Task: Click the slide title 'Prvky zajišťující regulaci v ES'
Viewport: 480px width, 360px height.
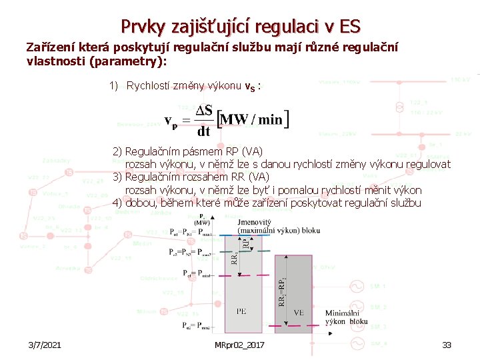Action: click(240, 27)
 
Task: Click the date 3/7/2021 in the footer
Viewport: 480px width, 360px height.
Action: click(45, 345)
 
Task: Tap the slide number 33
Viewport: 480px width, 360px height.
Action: click(447, 345)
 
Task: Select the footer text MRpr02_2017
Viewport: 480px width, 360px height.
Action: click(240, 345)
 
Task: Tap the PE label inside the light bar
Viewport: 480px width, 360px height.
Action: click(241, 310)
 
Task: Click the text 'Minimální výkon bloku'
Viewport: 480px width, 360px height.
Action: click(346, 317)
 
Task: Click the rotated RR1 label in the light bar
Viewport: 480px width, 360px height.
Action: click(234, 257)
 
